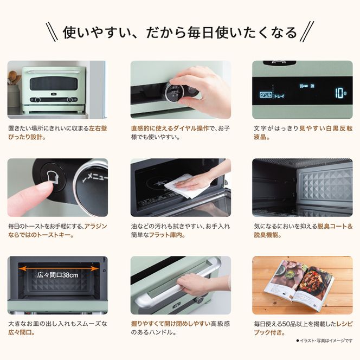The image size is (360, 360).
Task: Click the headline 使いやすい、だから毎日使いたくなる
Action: coord(180,32)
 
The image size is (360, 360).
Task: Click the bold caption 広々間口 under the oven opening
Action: coord(20,332)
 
